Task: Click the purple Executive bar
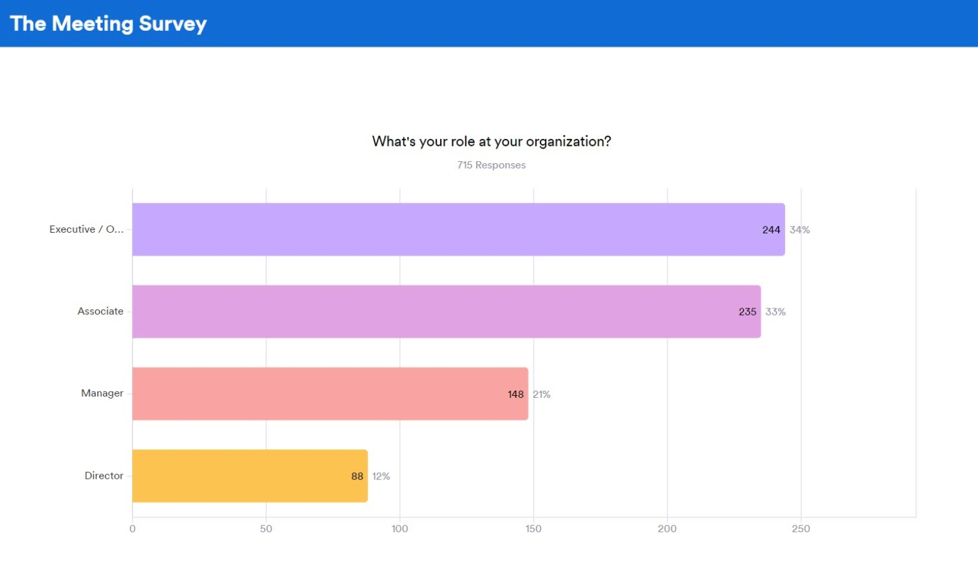[450, 229]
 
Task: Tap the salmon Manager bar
[322, 394]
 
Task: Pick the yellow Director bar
[244, 476]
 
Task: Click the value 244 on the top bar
[771, 230]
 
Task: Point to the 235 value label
[747, 312]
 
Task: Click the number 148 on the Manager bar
[515, 394]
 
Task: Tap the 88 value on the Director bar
[357, 476]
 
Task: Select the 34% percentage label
[800, 230]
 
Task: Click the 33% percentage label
[775, 312]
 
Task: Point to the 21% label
[541, 394]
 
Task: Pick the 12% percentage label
[381, 476]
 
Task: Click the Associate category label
[100, 311]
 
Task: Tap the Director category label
[104, 476]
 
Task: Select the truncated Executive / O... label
[86, 229]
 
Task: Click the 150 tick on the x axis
[533, 528]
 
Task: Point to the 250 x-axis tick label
[800, 528]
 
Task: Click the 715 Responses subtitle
[491, 165]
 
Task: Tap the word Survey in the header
[172, 24]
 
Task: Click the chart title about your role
[491, 141]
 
